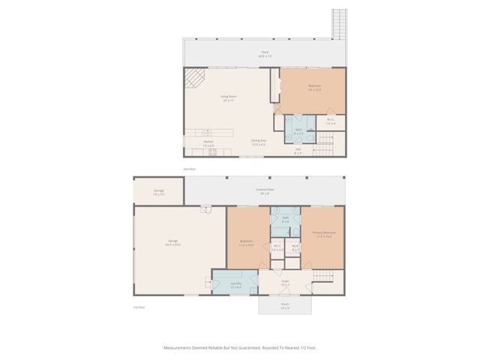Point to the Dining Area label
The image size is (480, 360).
259,140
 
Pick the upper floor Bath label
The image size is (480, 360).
298,130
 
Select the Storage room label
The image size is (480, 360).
159,191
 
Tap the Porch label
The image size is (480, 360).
285,304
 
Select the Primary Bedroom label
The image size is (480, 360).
324,234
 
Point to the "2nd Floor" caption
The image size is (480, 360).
190,169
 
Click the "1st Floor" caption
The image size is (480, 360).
138,307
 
